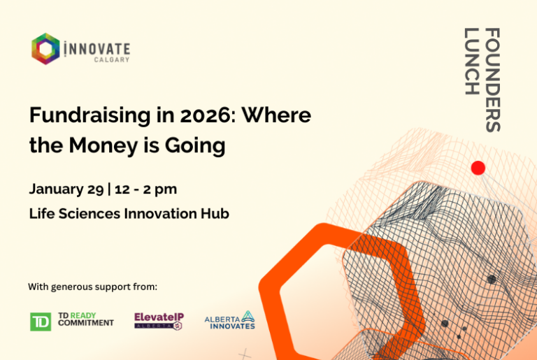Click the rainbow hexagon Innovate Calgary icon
click(x=45, y=49)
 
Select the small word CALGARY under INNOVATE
click(x=112, y=60)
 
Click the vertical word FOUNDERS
click(x=493, y=80)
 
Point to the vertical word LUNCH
click(x=471, y=62)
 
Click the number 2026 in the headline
click(x=204, y=115)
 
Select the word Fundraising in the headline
click(x=89, y=116)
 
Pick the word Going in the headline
click(x=195, y=146)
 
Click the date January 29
click(x=66, y=189)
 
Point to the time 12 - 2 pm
click(x=145, y=189)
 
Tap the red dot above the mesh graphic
click(x=478, y=168)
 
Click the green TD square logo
click(x=41, y=322)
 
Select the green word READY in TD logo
click(x=83, y=315)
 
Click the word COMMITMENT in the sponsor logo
click(x=85, y=323)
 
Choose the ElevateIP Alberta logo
click(x=159, y=321)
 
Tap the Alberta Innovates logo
click(x=230, y=320)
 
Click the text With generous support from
click(x=92, y=287)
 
